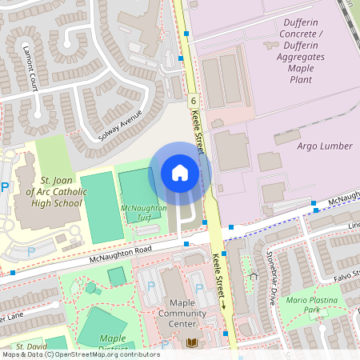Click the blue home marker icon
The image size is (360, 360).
(180, 172)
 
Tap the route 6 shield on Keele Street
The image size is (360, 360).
(194, 102)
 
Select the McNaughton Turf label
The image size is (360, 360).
(144, 213)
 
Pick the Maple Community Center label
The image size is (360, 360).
(183, 308)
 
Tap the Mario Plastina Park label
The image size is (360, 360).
(314, 304)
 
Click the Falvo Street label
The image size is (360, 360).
(345, 275)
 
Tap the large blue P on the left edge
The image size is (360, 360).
(5, 188)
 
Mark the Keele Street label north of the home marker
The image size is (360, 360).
(199, 132)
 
